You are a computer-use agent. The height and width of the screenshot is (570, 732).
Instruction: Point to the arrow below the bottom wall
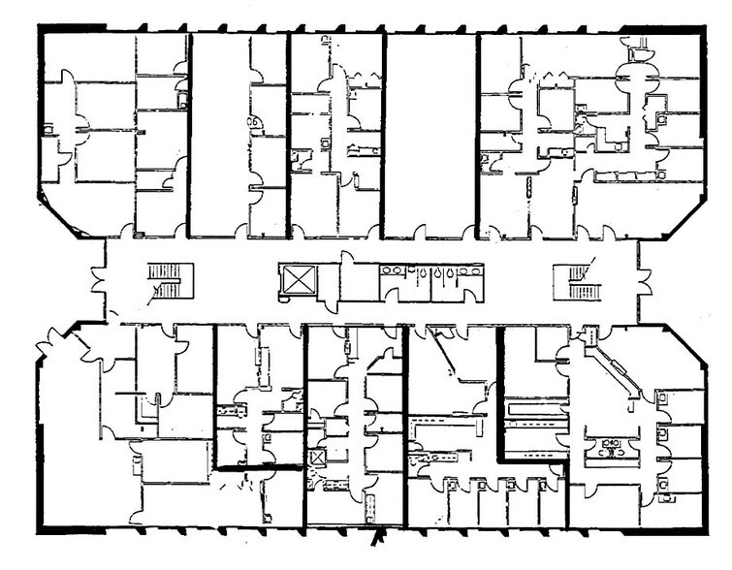pos(379,536)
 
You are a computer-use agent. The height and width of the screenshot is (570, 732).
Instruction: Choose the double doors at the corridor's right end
pos(643,281)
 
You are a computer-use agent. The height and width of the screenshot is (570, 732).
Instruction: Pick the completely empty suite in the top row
pos(431,136)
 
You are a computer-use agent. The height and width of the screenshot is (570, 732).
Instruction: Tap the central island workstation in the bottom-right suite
pos(613,447)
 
